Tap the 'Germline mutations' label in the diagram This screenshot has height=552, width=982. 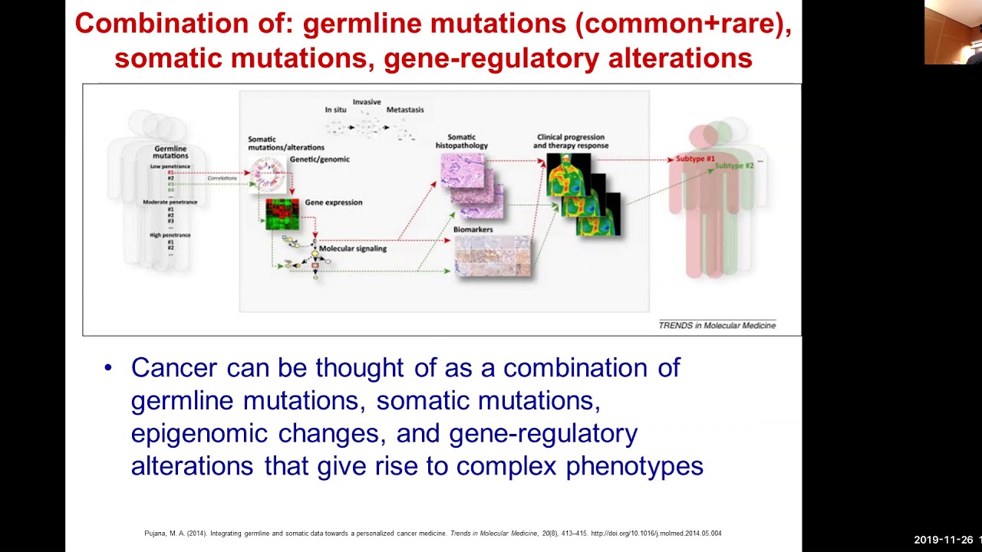170,152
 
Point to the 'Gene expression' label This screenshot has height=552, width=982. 334,202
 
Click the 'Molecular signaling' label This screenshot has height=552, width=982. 352,248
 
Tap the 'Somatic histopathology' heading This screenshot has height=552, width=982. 461,141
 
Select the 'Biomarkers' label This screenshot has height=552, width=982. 473,229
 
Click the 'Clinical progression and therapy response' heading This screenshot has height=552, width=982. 572,141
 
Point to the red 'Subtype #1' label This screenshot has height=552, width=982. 695,159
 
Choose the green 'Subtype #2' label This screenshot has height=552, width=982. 734,166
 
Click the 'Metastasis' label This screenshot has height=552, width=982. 404,110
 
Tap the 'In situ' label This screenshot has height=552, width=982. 335,110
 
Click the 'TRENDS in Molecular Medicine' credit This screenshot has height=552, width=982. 717,325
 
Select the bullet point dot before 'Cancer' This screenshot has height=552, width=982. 108,369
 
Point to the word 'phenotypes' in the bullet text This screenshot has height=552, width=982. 634,466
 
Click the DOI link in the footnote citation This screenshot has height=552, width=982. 656,534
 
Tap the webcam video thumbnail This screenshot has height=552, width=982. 952,32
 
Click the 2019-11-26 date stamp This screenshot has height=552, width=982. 944,540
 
